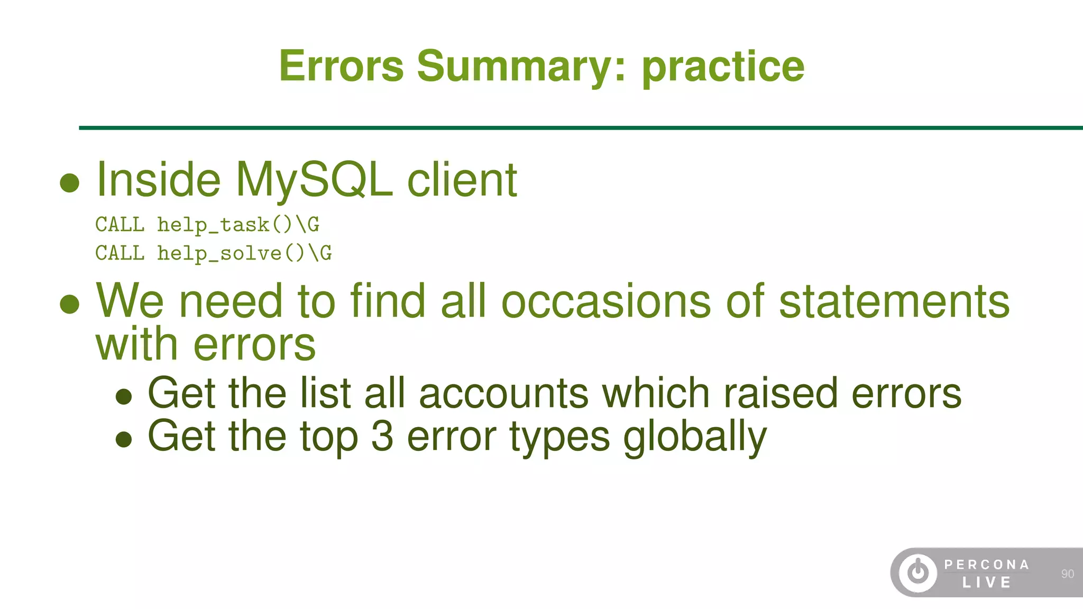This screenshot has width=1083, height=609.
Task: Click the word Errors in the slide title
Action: click(341, 66)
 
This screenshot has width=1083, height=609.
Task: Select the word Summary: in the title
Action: click(521, 66)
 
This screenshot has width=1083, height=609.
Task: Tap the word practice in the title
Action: click(723, 66)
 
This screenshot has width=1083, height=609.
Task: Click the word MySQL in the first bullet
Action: click(314, 180)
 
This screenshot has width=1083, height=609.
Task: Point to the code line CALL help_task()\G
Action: click(207, 225)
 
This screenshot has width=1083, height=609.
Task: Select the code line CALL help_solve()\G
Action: click(214, 253)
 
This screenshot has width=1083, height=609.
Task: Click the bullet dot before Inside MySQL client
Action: click(70, 183)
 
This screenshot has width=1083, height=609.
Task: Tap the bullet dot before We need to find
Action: click(70, 304)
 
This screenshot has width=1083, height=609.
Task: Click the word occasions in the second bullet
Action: click(606, 301)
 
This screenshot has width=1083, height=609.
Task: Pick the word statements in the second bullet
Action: click(894, 301)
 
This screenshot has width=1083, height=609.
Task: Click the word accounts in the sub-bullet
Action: click(503, 393)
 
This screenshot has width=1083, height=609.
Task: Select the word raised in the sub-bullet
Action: click(781, 393)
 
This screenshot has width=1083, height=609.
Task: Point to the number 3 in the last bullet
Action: click(382, 436)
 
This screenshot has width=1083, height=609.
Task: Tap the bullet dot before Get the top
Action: click(124, 439)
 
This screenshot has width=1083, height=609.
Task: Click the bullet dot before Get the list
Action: click(124, 396)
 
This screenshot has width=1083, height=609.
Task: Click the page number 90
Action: click(1067, 574)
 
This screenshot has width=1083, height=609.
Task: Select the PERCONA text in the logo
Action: click(987, 565)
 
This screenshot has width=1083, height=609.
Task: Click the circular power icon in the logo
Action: click(918, 572)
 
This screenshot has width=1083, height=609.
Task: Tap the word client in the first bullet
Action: click(462, 180)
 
